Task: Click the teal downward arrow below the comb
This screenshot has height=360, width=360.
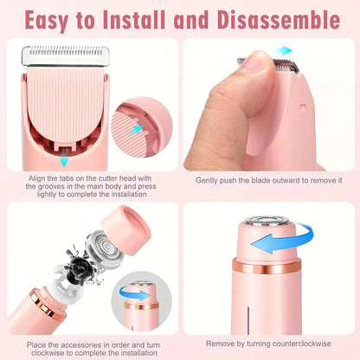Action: point(62,161)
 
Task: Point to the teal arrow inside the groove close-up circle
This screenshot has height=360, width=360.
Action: point(136,128)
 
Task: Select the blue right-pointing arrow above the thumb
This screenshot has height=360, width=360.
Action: point(283,51)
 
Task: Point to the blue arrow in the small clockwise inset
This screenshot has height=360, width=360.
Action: point(136,293)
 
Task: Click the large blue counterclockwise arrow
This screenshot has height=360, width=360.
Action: point(281,241)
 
